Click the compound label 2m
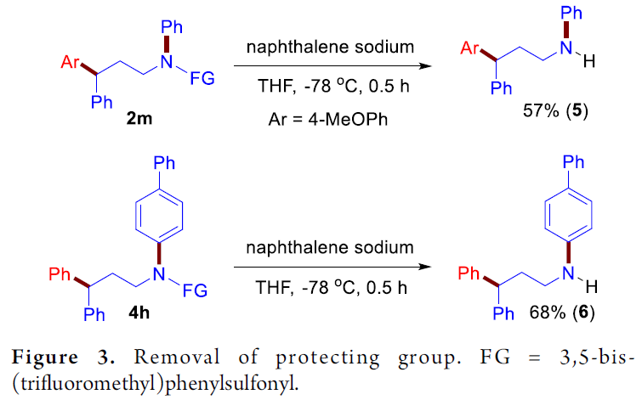coord(139,118)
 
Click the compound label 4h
coord(139,313)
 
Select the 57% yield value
coord(541,110)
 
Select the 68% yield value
coord(547,313)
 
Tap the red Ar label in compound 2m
coord(70,62)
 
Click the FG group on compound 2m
coord(202,78)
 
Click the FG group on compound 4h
coord(195,290)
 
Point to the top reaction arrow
coord(332,66)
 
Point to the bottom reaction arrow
coord(332,267)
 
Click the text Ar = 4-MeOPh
coord(327,120)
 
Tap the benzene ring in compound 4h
coord(159,215)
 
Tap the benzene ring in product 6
coord(568,215)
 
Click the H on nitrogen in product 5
coord(588,62)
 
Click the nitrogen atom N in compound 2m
coord(166,62)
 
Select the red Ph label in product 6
coord(469,273)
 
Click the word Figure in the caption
coord(44,357)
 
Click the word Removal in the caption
coord(177,357)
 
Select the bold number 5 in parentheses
coord(577,110)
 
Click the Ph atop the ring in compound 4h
coord(164,163)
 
